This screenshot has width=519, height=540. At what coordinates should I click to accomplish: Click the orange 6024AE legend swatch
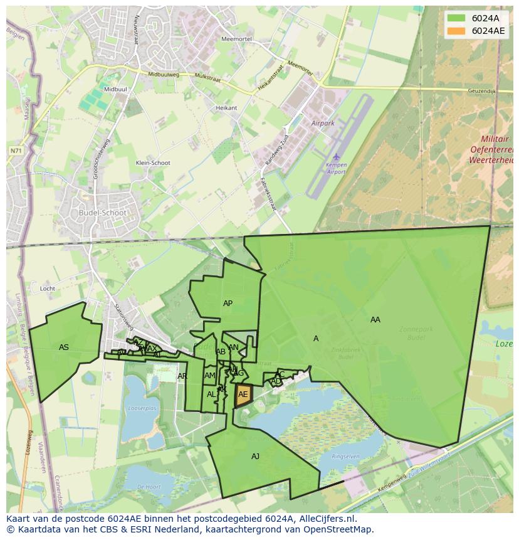click(x=456, y=31)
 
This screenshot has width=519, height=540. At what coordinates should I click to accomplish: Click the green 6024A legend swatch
click(x=456, y=18)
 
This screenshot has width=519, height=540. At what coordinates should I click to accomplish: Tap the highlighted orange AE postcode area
click(x=243, y=394)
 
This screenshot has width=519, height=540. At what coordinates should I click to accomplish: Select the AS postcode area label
click(x=64, y=347)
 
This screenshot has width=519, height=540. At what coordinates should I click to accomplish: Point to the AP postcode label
click(x=228, y=304)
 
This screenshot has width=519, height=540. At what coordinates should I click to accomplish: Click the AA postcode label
click(x=375, y=320)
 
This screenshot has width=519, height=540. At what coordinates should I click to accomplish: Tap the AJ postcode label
click(x=255, y=457)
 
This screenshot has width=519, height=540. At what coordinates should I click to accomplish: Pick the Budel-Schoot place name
click(x=103, y=213)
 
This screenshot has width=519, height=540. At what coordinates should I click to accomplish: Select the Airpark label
click(x=323, y=124)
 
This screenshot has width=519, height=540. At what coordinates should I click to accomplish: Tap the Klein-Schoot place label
click(x=153, y=163)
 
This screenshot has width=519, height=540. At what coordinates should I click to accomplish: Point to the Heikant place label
click(x=226, y=108)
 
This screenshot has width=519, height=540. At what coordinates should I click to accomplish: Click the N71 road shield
click(x=16, y=151)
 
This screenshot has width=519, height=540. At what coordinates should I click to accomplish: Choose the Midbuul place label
click(x=115, y=90)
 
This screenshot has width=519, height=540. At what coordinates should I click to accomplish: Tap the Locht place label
click(x=48, y=289)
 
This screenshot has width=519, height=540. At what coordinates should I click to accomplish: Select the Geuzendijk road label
click(x=482, y=92)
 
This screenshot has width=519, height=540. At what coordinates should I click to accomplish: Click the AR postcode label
click(x=182, y=376)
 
